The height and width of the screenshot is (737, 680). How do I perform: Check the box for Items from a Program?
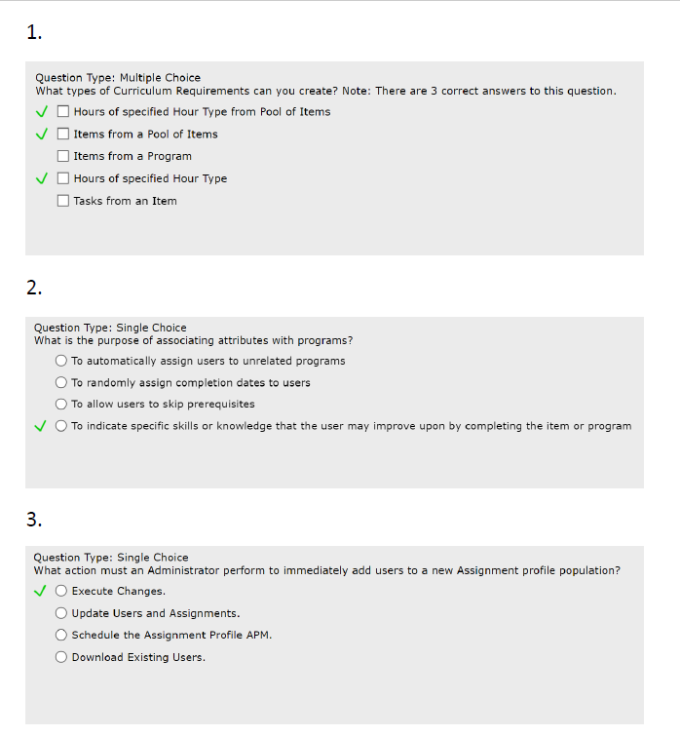click(x=63, y=156)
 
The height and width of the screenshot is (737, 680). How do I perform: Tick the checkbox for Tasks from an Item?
click(x=63, y=201)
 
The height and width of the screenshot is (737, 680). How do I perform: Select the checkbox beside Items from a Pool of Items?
click(x=63, y=134)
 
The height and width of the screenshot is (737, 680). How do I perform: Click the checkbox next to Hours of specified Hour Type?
click(x=63, y=178)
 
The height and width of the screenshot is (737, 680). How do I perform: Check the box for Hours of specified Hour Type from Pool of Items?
click(x=63, y=111)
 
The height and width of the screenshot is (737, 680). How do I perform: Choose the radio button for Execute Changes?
click(x=61, y=591)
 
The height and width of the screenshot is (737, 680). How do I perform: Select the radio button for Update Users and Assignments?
click(x=61, y=613)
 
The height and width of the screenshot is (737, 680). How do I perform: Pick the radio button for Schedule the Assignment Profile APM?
click(x=61, y=635)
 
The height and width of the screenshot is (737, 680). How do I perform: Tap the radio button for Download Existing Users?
click(x=61, y=657)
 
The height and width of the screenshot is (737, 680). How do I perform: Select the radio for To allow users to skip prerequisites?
click(x=61, y=404)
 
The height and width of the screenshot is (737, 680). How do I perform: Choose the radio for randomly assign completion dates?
click(x=61, y=382)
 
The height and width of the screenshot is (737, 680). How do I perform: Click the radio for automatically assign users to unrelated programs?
click(x=61, y=361)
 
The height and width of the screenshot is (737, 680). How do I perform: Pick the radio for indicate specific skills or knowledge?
click(x=61, y=426)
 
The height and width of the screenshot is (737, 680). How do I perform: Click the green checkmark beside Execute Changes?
click(x=40, y=590)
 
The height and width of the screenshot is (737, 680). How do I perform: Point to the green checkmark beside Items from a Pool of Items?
click(x=41, y=134)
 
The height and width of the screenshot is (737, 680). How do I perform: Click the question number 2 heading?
click(x=34, y=288)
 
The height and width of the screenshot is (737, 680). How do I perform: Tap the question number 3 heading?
click(x=34, y=520)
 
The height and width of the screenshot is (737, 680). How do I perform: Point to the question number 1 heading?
click(x=34, y=33)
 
